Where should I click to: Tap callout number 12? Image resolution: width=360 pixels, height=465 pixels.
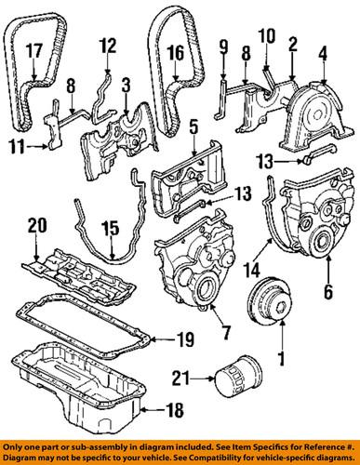point(108,44)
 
